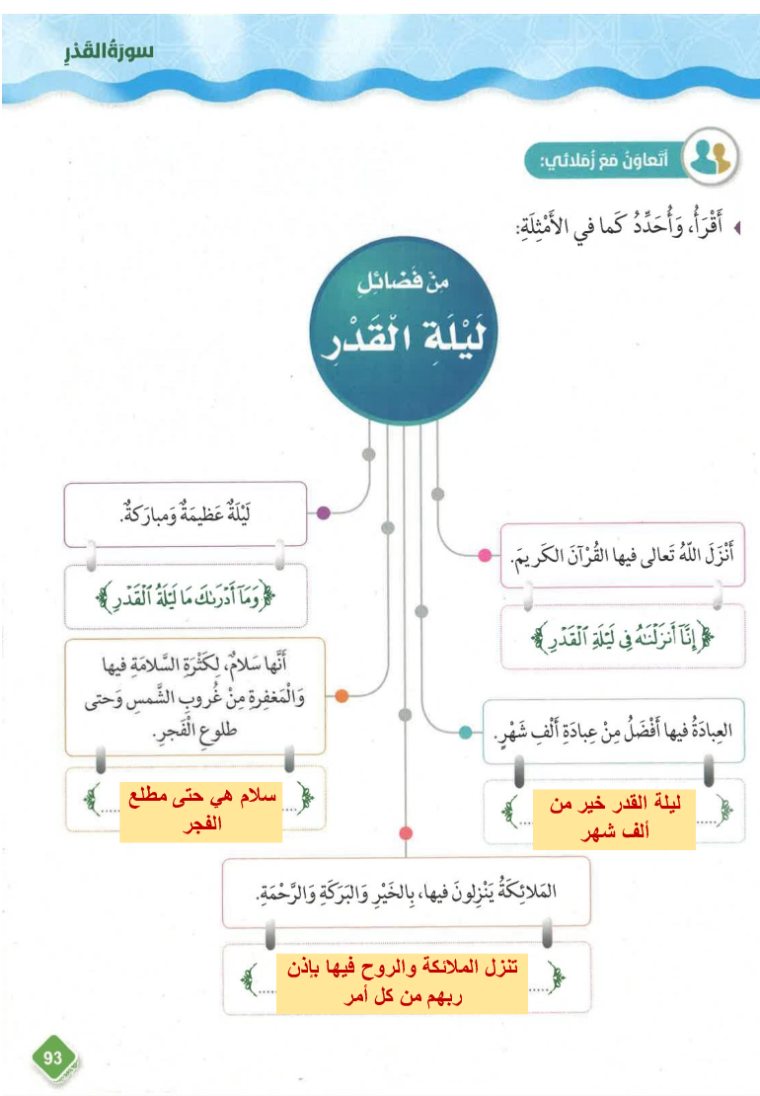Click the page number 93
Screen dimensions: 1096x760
pos(53,1057)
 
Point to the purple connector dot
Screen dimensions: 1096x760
pos(323,513)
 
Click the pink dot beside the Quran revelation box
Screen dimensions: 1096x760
pos(485,555)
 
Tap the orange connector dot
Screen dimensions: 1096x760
pos(342,696)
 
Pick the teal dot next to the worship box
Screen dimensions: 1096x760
pos(465,732)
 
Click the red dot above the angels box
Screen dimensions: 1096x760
pos(405,834)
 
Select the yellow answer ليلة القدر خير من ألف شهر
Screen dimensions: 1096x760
pos(614,819)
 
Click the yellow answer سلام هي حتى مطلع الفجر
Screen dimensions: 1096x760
pos(201,812)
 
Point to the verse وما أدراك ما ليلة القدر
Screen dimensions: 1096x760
pos(185,596)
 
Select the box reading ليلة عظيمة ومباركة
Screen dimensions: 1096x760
pos(186,513)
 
